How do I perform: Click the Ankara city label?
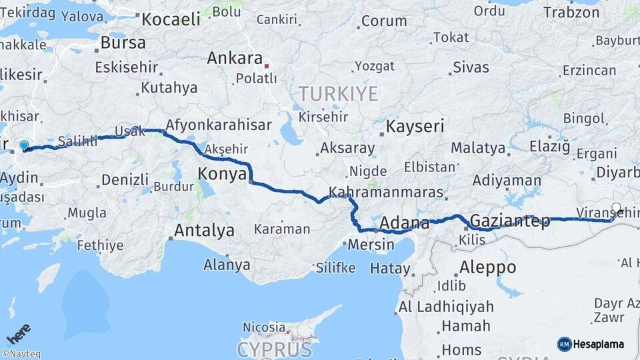pyautogui.click(x=234, y=58)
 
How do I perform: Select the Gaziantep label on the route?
pyautogui.click(x=510, y=221)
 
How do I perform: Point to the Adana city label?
pyautogui.click(x=405, y=223)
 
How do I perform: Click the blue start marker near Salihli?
pyautogui.click(x=25, y=145)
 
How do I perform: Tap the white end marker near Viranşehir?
pyautogui.click(x=616, y=208)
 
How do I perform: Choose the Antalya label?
pyautogui.click(x=204, y=231)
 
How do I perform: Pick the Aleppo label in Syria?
pyautogui.click(x=487, y=267)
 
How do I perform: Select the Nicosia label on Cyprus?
pyautogui.click(x=264, y=327)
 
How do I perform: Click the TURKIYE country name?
pyautogui.click(x=338, y=94)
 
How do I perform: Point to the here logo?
pyautogui.click(x=19, y=332)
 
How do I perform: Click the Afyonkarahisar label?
pyautogui.click(x=218, y=125)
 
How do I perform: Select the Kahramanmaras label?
pyautogui.click(x=387, y=192)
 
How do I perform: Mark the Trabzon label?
pyautogui.click(x=571, y=12)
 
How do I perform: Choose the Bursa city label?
pyautogui.click(x=123, y=43)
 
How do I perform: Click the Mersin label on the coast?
pyautogui.click(x=371, y=244)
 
